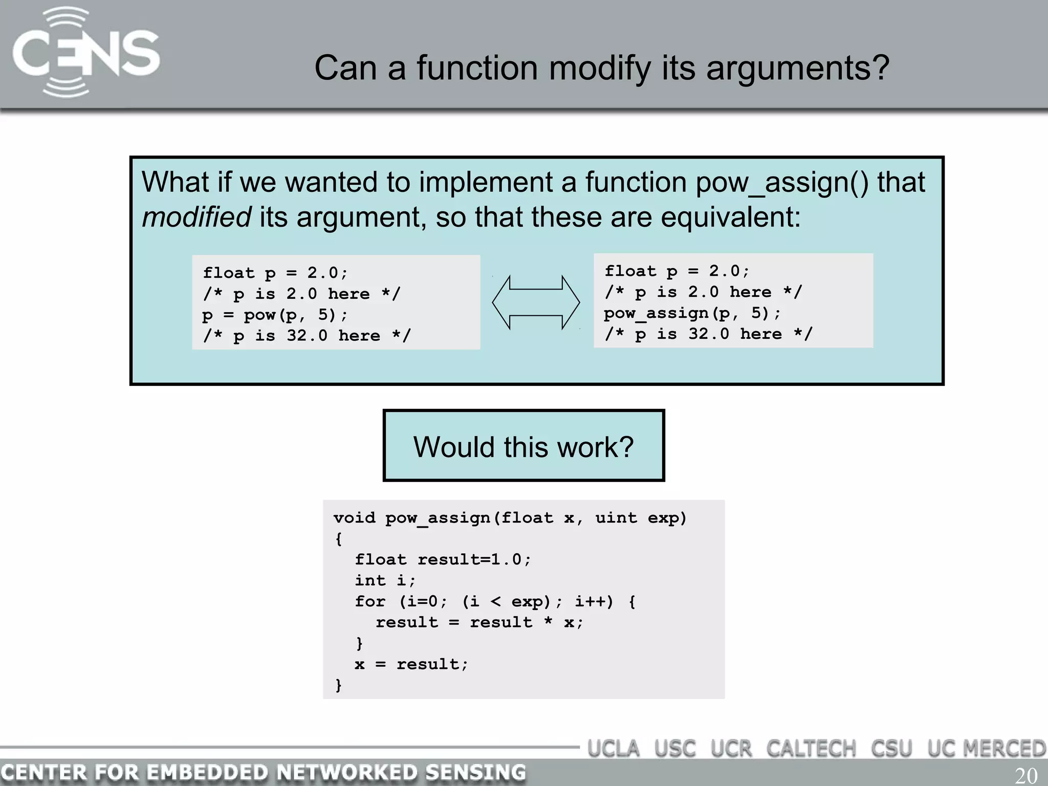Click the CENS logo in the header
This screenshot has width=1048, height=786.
click(x=86, y=53)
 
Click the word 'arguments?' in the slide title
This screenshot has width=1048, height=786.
click(x=797, y=68)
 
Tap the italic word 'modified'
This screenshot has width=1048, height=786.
click(x=196, y=217)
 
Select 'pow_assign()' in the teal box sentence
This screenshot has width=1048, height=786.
click(x=782, y=183)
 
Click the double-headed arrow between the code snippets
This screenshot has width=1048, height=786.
click(x=536, y=302)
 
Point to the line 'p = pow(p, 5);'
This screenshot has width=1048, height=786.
click(x=275, y=315)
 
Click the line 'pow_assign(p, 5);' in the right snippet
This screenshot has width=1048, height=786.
click(x=692, y=313)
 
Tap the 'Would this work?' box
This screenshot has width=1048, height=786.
click(x=523, y=446)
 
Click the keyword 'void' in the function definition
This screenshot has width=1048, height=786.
click(x=354, y=518)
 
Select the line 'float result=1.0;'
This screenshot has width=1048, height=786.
click(x=443, y=559)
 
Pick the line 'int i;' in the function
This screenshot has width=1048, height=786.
click(x=385, y=580)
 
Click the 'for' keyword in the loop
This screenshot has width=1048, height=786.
click(x=370, y=601)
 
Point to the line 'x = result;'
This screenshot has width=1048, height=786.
click(x=411, y=664)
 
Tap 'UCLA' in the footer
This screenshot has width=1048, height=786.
click(x=614, y=749)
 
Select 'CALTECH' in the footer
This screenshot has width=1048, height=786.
click(x=811, y=749)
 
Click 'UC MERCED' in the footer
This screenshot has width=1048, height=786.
click(x=986, y=749)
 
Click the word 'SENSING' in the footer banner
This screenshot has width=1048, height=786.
click(x=475, y=772)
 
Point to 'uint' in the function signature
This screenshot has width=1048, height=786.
click(x=616, y=518)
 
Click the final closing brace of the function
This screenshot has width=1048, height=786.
click(x=338, y=685)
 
